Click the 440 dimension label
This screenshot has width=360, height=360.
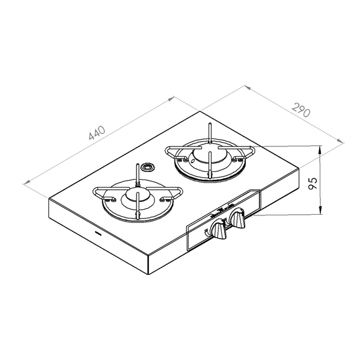pyautogui.click(x=97, y=133)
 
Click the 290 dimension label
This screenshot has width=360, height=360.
pyautogui.click(x=301, y=110)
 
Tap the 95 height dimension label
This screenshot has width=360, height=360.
pyautogui.click(x=313, y=183)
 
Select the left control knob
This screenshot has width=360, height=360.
pyautogui.click(x=218, y=230)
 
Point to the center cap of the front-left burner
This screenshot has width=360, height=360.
pyautogui.click(x=137, y=196)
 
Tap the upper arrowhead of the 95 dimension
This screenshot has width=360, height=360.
pyautogui.click(x=320, y=150)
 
